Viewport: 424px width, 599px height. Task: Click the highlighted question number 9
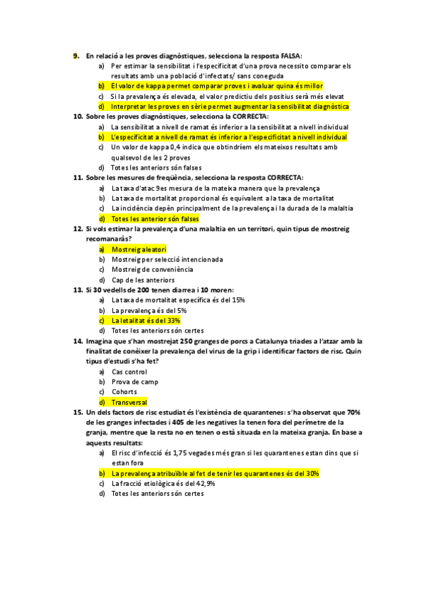point(76,55)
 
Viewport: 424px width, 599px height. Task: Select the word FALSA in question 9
point(290,55)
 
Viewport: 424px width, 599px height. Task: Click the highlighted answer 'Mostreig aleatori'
point(139,249)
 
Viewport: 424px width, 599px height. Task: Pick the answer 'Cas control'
point(129,372)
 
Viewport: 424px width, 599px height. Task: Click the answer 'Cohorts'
point(124,392)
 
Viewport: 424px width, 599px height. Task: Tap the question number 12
point(78,229)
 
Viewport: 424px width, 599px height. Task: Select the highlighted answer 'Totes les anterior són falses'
point(155,219)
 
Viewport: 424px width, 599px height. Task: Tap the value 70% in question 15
point(354,413)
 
